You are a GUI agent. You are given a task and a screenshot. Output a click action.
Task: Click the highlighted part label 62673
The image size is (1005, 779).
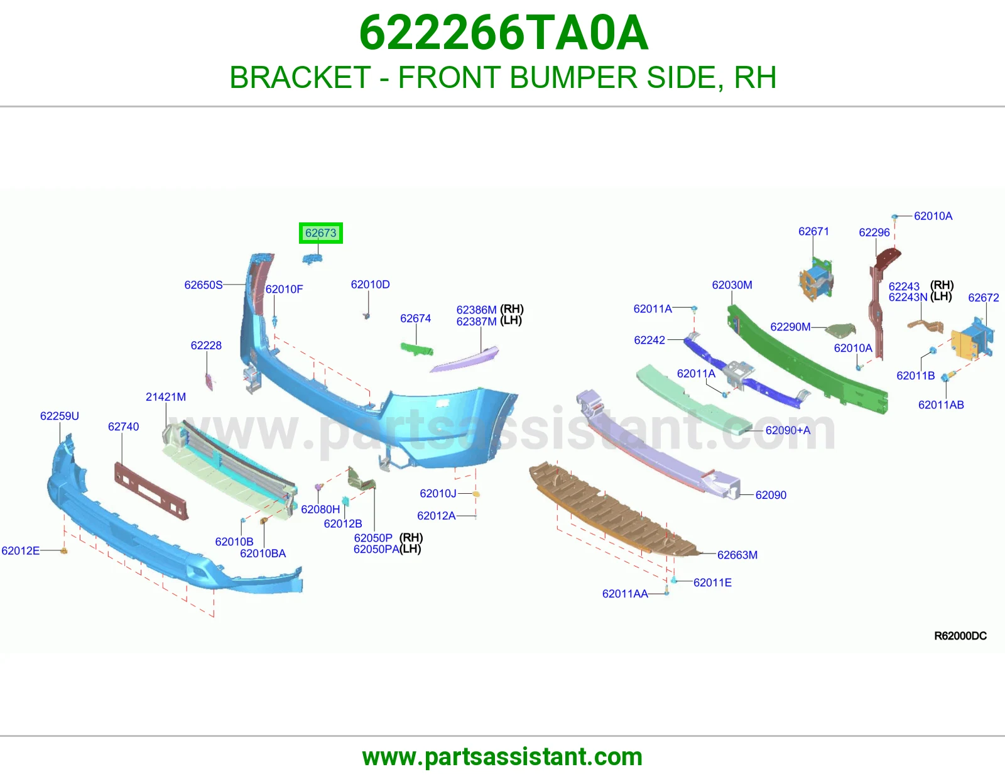[x=320, y=232]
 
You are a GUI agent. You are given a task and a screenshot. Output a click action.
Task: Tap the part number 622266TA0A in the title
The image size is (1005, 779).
[x=504, y=33]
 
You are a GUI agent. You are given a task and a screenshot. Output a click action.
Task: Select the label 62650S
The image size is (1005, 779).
[x=204, y=285]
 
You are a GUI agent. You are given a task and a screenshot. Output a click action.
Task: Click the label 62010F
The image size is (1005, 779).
[x=284, y=289]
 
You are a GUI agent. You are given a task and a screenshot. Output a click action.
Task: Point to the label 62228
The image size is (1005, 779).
[x=206, y=345]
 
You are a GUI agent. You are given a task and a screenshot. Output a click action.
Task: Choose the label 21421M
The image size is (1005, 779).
[x=166, y=396]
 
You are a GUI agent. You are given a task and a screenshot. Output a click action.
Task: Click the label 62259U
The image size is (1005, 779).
[x=59, y=416]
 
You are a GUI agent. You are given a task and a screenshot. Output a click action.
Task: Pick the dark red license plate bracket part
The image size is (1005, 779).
[x=151, y=491]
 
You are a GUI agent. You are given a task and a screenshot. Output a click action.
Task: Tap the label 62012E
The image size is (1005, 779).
[x=20, y=550]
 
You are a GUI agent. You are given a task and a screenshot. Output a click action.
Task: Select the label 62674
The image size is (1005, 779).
[x=415, y=319]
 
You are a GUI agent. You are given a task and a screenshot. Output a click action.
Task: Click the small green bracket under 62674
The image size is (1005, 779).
[x=416, y=349]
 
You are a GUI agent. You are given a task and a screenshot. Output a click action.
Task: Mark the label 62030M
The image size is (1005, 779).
[x=732, y=285]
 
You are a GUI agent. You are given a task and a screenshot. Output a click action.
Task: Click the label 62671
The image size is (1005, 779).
[x=813, y=231]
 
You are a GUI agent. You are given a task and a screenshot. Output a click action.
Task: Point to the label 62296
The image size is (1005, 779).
[x=874, y=232]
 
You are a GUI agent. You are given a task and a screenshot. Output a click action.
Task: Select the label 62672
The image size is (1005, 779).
[x=983, y=297]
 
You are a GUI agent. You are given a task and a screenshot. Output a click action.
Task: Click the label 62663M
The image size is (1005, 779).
[x=737, y=555]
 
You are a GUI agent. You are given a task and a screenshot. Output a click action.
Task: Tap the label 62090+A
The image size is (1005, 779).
[x=788, y=430]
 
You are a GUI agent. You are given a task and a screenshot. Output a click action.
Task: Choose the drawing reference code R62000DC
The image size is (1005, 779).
[x=960, y=636]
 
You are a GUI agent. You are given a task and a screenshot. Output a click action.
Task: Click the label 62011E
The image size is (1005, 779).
[x=712, y=582]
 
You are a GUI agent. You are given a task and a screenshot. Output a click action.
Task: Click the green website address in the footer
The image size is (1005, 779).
[x=503, y=757]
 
